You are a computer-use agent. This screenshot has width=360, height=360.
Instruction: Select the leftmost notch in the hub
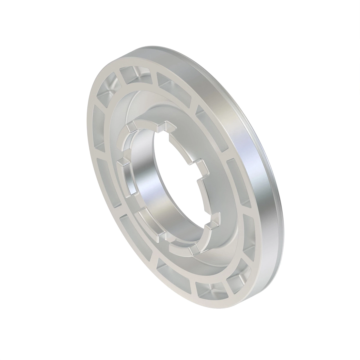[121, 163]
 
